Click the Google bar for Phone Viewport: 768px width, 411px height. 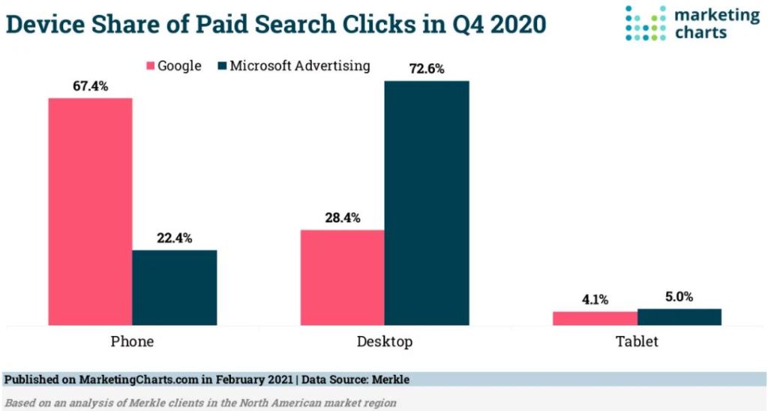click(x=91, y=211)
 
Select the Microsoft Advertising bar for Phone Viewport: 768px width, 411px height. click(x=175, y=288)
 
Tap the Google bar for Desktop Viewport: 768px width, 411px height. click(x=343, y=277)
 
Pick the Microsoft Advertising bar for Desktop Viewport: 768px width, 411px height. click(x=427, y=202)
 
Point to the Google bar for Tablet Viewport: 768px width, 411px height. click(x=595, y=318)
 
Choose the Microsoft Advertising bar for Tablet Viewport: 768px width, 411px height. click(x=679, y=316)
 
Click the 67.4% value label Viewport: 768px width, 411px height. click(x=91, y=86)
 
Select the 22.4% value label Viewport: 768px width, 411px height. click(x=175, y=238)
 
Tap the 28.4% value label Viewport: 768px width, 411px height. click(x=343, y=218)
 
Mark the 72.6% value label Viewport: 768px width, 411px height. click(x=427, y=69)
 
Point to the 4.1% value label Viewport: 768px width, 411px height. click(x=595, y=300)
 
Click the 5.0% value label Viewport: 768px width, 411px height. click(x=679, y=296)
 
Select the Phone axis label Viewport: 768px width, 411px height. click(x=132, y=341)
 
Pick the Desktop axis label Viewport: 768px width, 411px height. click(x=385, y=341)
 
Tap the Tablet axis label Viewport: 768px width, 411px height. click(x=637, y=341)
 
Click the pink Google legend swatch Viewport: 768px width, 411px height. click(x=148, y=66)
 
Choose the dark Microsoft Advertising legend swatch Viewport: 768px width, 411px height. click(x=221, y=66)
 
